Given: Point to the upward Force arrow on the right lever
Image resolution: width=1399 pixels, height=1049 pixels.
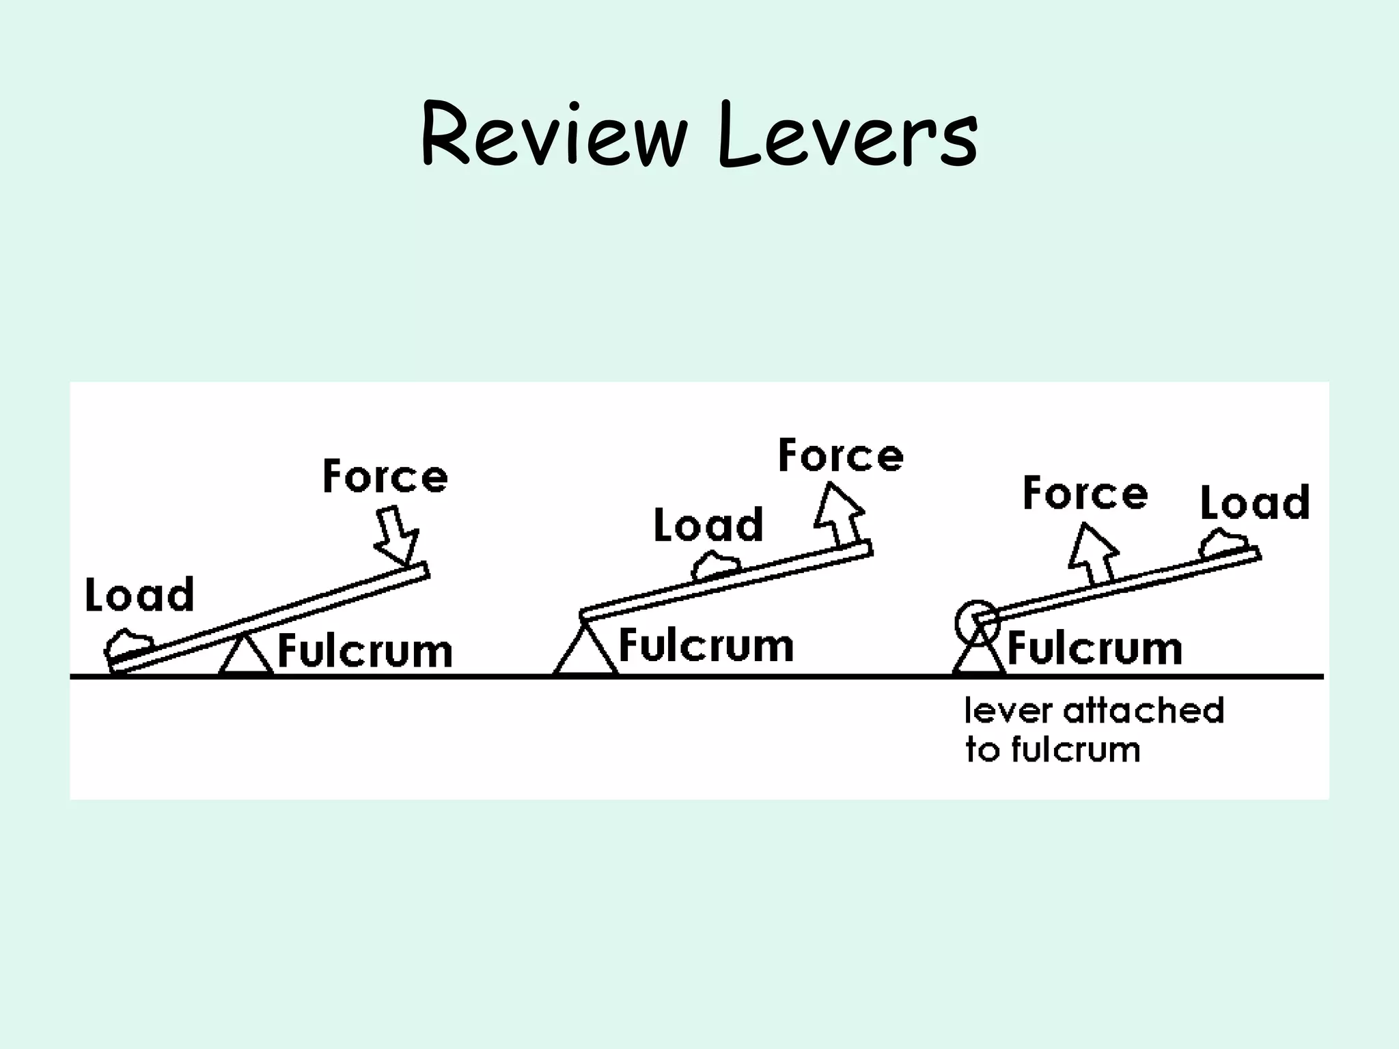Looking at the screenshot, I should [x=1093, y=553].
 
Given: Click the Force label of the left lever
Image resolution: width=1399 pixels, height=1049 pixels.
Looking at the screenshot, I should [x=385, y=477].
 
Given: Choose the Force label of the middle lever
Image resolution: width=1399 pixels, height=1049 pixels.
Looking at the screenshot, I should [x=841, y=456].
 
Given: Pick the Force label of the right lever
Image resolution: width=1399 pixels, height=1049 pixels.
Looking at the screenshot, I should [x=1085, y=494].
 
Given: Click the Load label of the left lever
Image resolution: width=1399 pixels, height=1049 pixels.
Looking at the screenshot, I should [x=139, y=595].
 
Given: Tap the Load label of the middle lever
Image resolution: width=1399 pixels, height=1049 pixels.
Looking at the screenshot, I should [x=708, y=525].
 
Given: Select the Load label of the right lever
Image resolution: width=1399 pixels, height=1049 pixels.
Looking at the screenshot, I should [x=1255, y=503].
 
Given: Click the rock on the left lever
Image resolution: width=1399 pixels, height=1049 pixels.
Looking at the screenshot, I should [x=130, y=643].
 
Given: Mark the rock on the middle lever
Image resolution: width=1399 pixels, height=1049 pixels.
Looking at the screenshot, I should [x=716, y=566].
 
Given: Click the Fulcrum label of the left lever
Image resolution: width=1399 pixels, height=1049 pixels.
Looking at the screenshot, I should [x=365, y=652].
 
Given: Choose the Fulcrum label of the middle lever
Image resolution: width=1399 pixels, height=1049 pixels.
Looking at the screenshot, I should [x=706, y=646].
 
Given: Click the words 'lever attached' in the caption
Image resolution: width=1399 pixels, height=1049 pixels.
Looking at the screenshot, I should [x=1094, y=711].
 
